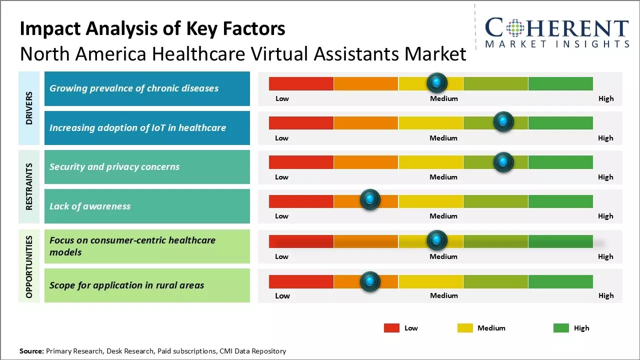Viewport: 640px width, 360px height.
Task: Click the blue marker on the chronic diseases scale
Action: point(437,82)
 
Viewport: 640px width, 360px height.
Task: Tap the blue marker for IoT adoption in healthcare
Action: point(503,122)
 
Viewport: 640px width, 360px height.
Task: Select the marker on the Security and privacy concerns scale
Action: point(503,162)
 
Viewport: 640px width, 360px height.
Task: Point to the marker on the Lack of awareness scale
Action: point(370,200)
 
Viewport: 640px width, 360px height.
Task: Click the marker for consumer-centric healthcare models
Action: point(437,240)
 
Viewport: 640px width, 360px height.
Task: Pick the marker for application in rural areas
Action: point(370,281)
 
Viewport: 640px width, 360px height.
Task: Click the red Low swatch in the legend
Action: point(391,328)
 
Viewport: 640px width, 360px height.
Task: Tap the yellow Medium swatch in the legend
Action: point(465,328)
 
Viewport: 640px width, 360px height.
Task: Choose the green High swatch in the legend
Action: point(561,328)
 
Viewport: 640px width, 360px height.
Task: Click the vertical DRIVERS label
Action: point(29,108)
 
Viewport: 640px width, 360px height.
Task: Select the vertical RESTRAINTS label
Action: point(29,186)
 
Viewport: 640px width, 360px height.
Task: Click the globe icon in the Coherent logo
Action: point(514,28)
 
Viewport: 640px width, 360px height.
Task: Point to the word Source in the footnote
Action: point(31,351)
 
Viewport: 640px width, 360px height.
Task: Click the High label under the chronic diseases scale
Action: point(606,98)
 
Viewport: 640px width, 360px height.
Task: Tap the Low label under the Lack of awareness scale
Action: point(281,216)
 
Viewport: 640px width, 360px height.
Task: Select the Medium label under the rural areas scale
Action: point(444,295)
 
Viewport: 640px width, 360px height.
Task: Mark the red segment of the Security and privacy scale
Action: point(301,162)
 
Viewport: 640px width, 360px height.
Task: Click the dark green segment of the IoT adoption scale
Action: point(560,122)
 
